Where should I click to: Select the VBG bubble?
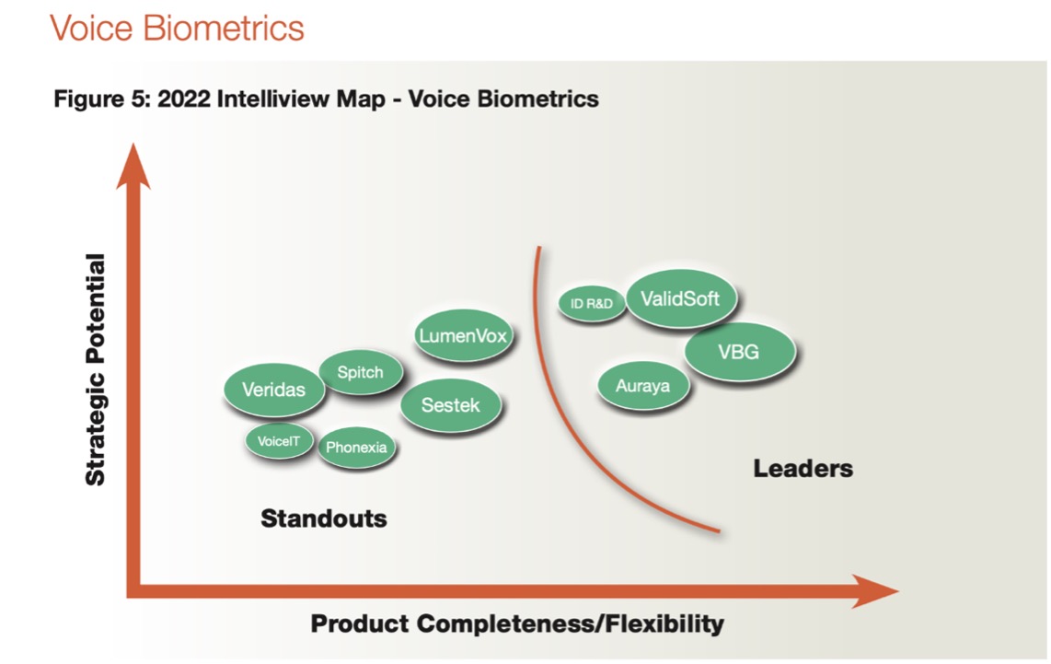(739, 351)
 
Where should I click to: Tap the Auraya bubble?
(642, 386)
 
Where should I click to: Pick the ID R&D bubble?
(592, 304)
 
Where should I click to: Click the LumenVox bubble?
(463, 336)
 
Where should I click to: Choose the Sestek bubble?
(451, 404)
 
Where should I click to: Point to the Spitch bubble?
(359, 373)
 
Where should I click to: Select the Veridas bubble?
(273, 390)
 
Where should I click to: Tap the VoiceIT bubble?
(279, 441)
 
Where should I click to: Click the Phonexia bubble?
(356, 448)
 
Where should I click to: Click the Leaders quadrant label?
(803, 469)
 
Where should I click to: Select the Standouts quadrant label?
(324, 518)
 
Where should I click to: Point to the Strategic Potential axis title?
(96, 369)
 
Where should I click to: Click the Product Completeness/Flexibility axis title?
(517, 624)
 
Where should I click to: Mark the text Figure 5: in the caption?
(102, 99)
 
